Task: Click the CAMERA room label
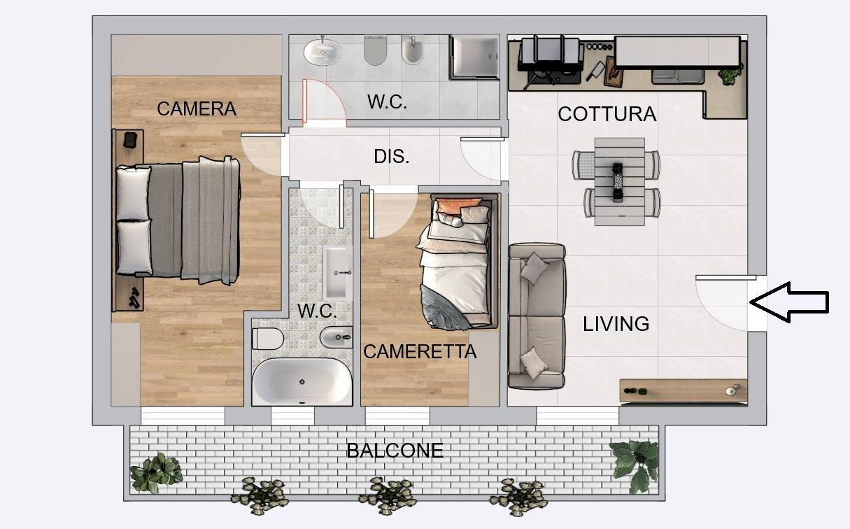coord(197,109)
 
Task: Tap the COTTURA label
coord(607,114)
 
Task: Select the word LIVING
coord(616,324)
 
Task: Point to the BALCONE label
coord(395,451)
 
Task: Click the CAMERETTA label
coord(420,352)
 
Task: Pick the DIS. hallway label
coord(392,156)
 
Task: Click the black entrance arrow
coord(789,302)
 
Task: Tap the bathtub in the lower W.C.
coord(302,382)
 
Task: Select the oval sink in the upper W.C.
coord(323,52)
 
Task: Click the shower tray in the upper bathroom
coord(474,57)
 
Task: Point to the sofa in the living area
coord(537,316)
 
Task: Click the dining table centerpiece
coord(618,182)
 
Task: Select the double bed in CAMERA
coord(178,220)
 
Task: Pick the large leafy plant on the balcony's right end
coord(635,465)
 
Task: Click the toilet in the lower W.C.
coord(268,339)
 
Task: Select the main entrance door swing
coord(722,304)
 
